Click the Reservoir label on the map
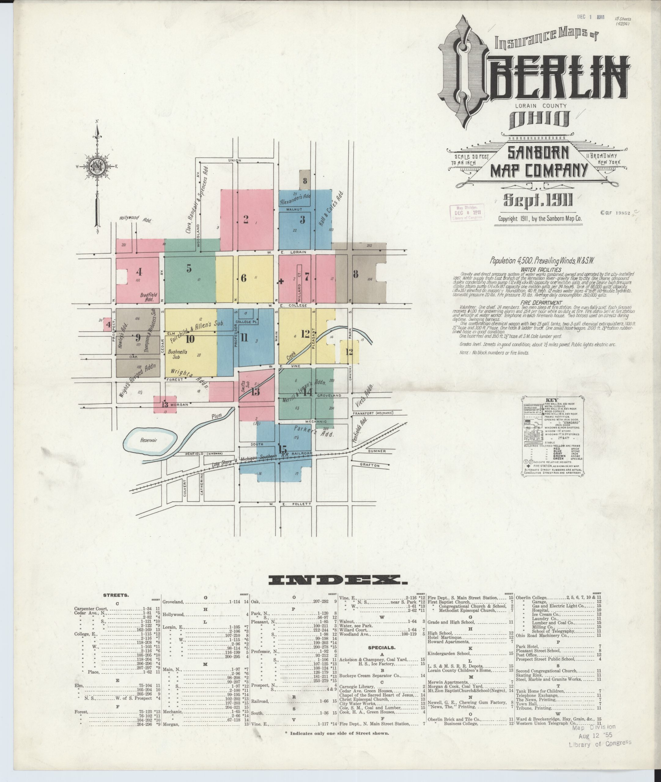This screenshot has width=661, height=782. [149, 440]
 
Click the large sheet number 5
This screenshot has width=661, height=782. [189, 269]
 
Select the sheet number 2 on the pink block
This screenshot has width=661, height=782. [246, 219]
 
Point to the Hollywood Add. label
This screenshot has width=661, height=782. [135, 219]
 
